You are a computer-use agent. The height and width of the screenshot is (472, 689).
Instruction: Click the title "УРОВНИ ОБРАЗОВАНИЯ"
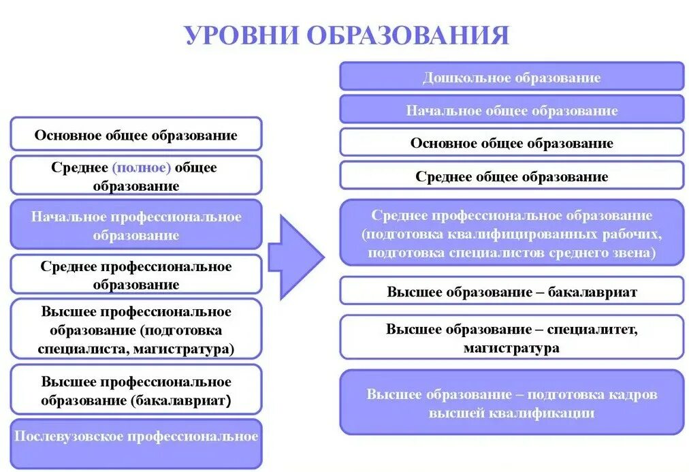347,35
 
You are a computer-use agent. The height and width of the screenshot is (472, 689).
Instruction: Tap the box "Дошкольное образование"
511,77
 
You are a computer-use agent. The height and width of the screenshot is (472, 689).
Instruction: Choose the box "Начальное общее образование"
511,110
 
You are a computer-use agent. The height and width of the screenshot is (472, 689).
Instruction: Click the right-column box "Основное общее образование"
511,143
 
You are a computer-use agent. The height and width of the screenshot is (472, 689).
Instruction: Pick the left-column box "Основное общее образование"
136,134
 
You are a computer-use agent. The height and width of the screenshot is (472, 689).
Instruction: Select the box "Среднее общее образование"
511,176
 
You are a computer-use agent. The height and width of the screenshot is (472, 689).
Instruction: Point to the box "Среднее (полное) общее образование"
136,176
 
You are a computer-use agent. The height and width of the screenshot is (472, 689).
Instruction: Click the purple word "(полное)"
142,168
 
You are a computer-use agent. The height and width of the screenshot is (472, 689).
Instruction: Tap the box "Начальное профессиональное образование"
136,225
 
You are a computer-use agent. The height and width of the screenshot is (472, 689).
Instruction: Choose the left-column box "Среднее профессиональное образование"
136,275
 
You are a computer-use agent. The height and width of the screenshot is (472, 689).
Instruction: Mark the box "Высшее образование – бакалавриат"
511,292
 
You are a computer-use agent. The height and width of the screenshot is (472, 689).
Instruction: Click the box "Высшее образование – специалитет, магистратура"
511,338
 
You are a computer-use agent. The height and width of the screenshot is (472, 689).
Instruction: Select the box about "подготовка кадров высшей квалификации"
511,403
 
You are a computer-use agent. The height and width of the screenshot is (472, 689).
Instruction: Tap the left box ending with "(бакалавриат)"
136,390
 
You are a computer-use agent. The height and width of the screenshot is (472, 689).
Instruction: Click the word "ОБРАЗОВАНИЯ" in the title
408,35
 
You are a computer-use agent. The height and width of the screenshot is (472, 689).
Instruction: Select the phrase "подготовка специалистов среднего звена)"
511,251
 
